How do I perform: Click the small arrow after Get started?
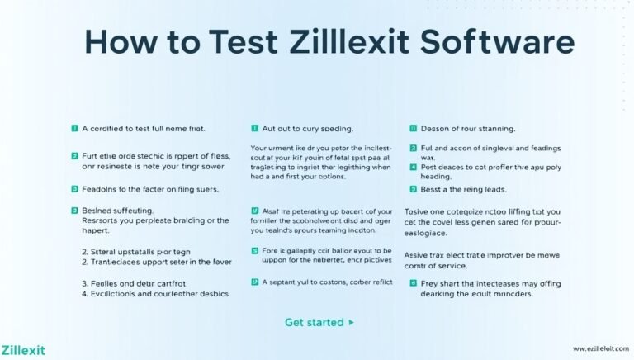tap(352, 322)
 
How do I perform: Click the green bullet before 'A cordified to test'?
tap(73, 130)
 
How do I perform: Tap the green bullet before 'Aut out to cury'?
tap(254, 130)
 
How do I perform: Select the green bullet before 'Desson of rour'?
tap(413, 130)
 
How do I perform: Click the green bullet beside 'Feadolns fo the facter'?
tap(73, 189)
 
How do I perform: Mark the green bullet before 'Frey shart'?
tap(413, 282)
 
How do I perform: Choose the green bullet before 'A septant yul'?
tap(254, 282)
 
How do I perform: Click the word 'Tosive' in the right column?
tap(420, 211)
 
